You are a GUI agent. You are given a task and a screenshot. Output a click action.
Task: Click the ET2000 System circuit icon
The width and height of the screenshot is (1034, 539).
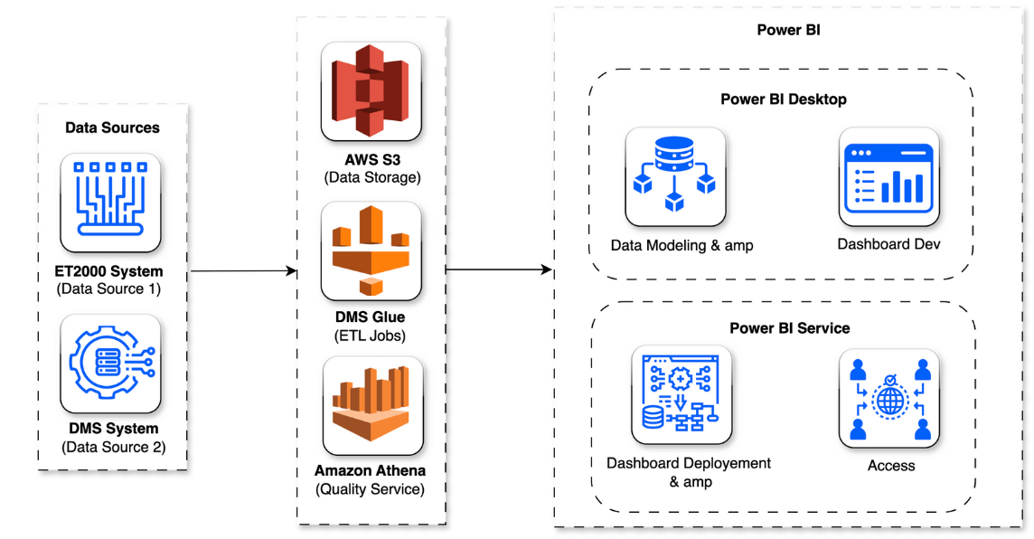(x=110, y=203)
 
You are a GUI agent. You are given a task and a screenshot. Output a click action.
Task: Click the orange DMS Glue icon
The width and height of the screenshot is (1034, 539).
(x=371, y=251)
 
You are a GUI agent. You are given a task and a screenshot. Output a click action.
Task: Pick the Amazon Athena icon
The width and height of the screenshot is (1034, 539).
(x=371, y=405)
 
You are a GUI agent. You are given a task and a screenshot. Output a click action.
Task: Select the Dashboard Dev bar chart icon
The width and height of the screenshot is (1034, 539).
(x=888, y=176)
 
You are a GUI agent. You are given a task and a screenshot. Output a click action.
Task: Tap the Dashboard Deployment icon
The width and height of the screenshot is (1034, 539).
(x=681, y=394)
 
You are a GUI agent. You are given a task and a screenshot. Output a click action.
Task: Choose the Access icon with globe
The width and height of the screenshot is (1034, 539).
(x=888, y=399)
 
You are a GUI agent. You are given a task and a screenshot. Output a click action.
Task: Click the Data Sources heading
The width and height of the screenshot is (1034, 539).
(x=112, y=128)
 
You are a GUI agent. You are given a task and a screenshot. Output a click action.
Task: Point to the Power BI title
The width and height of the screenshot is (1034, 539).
(x=788, y=31)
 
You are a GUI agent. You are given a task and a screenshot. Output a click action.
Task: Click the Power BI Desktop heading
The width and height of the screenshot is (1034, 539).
(x=783, y=99)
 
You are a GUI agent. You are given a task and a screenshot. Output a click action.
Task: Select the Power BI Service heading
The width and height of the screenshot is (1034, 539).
(x=789, y=327)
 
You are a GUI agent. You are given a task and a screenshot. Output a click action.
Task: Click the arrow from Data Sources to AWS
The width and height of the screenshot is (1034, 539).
(x=244, y=270)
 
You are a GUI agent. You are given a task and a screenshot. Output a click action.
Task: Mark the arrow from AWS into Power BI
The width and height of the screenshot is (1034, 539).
(x=498, y=269)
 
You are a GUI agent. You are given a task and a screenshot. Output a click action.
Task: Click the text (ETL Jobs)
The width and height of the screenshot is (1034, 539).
(x=371, y=336)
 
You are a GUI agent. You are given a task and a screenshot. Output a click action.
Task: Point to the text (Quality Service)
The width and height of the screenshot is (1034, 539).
(x=370, y=489)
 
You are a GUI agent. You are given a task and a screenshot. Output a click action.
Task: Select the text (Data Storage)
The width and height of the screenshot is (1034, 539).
(x=371, y=177)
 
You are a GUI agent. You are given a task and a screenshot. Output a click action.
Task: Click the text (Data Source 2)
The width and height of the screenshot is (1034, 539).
(x=113, y=447)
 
